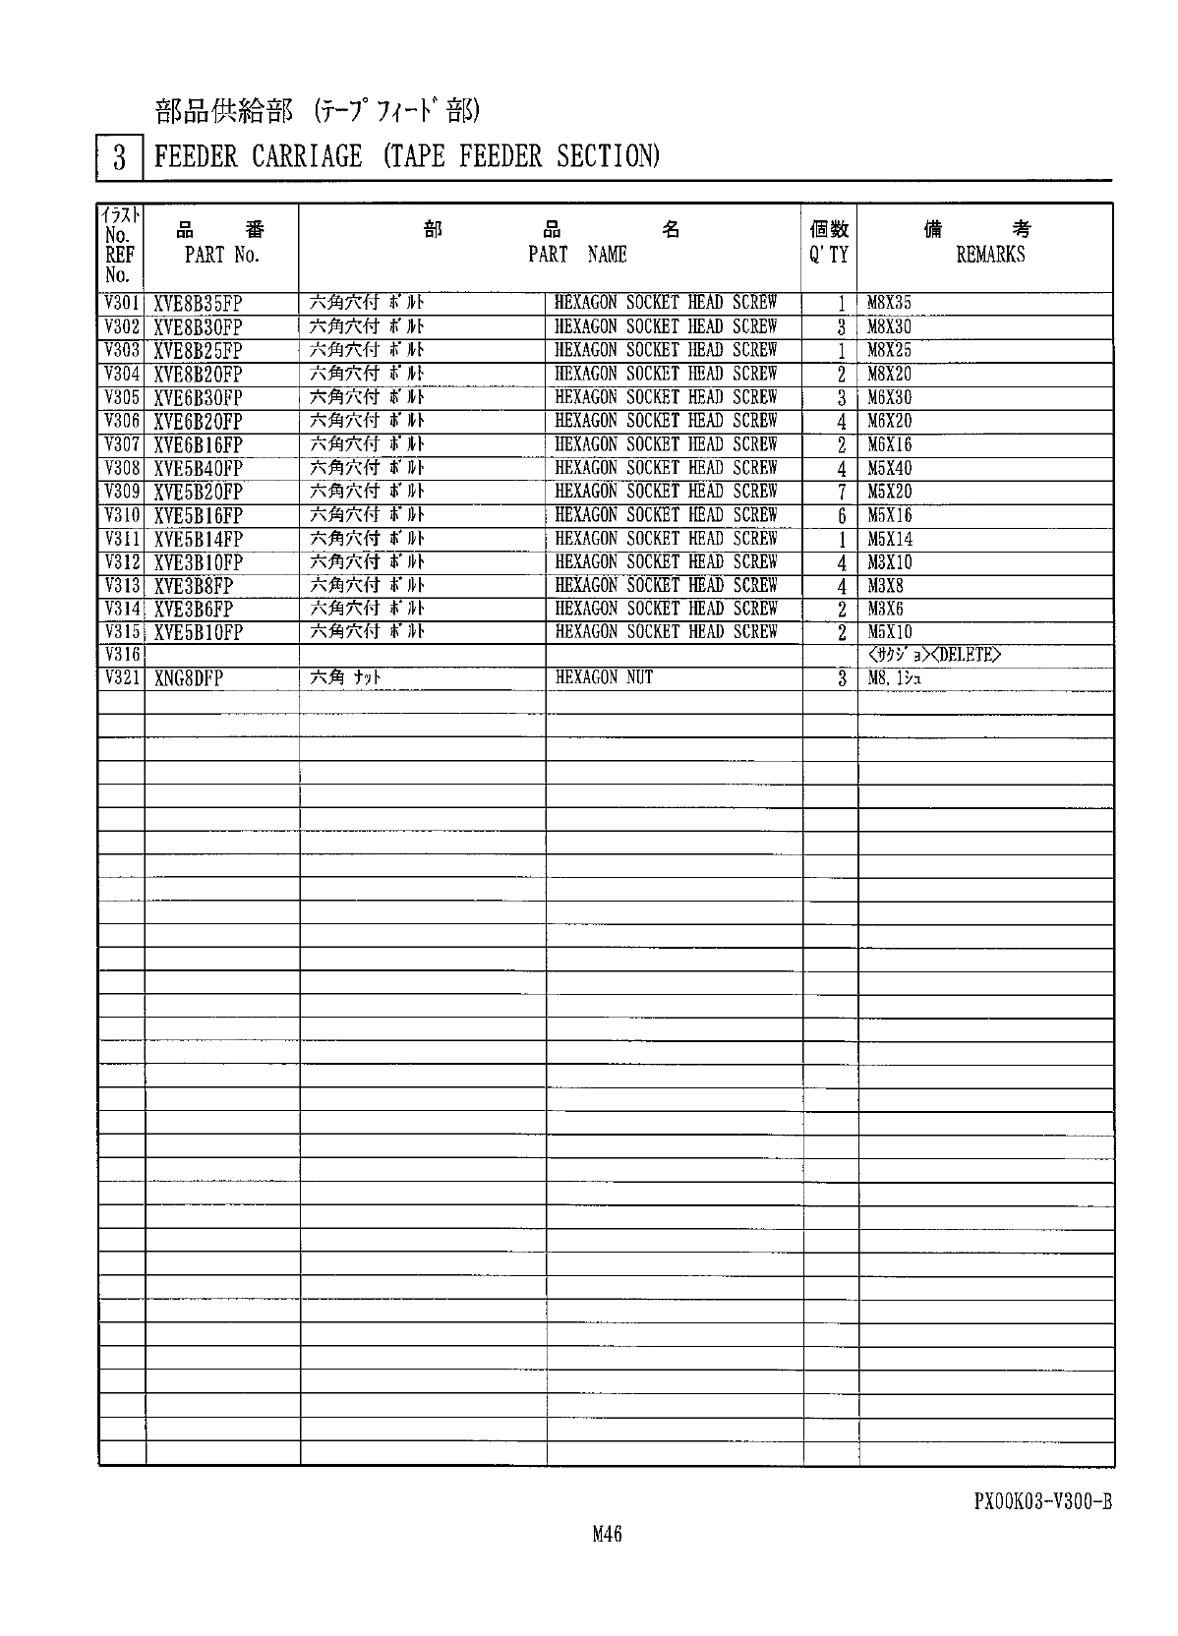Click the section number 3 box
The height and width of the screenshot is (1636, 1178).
click(119, 157)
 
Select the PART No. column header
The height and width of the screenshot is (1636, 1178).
click(222, 255)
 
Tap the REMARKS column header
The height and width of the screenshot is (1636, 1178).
click(990, 255)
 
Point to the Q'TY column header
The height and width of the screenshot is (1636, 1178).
click(829, 255)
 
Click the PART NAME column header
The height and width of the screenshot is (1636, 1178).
click(577, 255)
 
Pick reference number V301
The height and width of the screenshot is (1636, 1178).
click(122, 303)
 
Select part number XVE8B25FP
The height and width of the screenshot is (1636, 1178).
click(198, 351)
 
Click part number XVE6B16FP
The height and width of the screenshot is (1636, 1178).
click(198, 445)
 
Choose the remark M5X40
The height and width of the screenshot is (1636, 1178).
click(889, 469)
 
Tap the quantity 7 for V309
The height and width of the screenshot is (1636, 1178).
click(842, 493)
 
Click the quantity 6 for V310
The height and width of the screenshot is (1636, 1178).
click(842, 516)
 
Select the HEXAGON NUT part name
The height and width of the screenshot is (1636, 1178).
click(604, 677)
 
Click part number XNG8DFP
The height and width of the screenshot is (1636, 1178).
click(189, 678)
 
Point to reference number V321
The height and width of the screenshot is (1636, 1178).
click(122, 678)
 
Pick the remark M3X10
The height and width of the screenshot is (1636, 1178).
click(889, 563)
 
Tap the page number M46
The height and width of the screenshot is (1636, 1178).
click(607, 1535)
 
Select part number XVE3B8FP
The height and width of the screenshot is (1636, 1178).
click(193, 587)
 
